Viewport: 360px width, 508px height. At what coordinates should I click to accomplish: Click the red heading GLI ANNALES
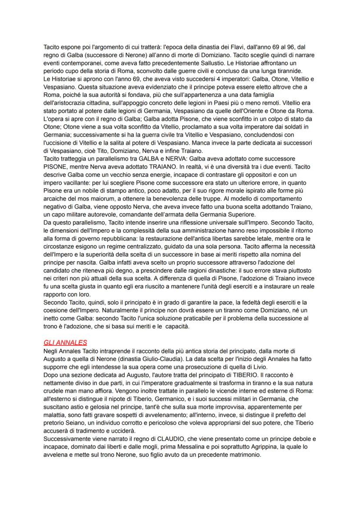63,330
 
